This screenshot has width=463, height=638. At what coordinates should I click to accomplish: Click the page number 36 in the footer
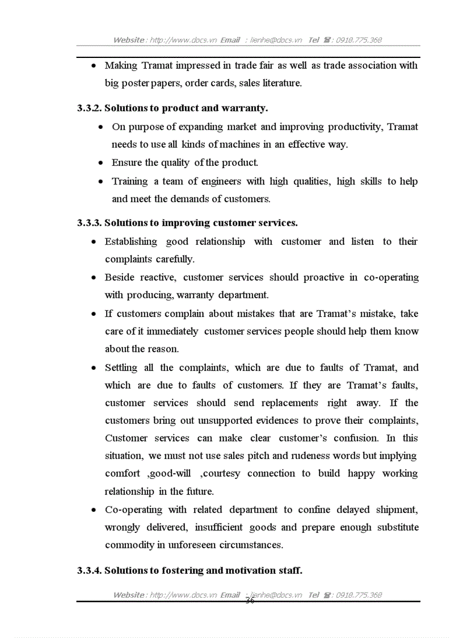250,601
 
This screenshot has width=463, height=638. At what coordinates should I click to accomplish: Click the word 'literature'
281,83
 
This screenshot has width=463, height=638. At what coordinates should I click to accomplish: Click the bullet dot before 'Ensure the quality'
100,163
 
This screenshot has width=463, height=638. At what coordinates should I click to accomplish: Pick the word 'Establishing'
131,241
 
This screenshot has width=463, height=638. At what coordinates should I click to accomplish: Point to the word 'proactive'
323,277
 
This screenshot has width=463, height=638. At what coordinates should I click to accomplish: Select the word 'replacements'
289,403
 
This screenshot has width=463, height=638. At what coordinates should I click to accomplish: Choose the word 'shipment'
398,510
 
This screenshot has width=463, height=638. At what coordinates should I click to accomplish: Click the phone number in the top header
359,40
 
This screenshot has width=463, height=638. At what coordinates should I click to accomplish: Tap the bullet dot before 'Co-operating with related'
94,510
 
